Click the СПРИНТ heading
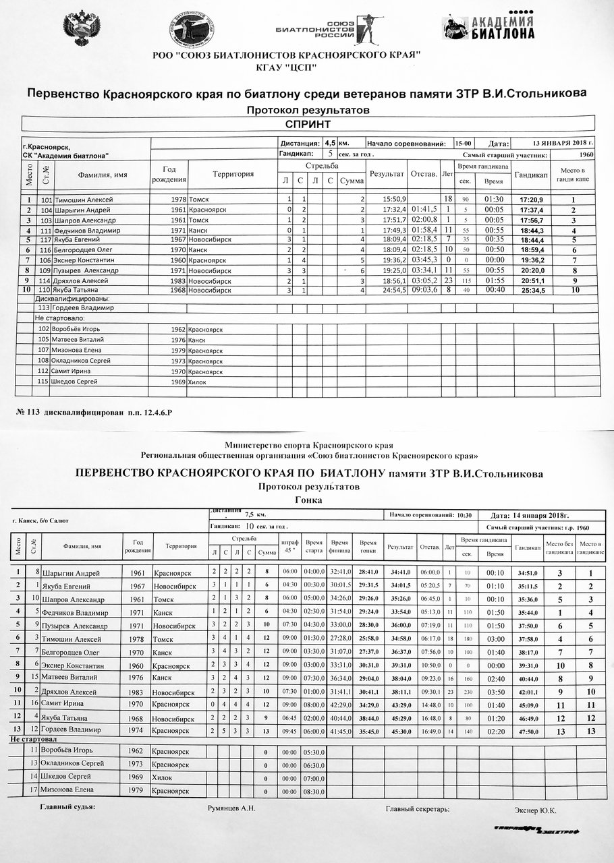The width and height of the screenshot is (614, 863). [x=308, y=124]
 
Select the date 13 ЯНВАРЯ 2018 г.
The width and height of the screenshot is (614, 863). [x=563, y=144]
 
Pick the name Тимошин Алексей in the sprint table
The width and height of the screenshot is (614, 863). [x=84, y=200]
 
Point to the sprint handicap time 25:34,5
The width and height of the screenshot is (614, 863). [x=532, y=290]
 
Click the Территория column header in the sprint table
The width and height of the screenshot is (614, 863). [x=233, y=175]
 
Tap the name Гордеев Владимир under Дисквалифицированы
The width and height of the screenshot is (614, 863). [x=85, y=308]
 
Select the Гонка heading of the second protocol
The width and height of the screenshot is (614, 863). [x=309, y=500]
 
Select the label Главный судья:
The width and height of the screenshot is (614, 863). [x=67, y=807]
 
